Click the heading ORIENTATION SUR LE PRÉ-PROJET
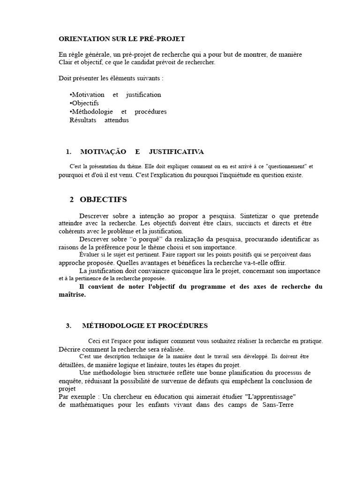[119, 38]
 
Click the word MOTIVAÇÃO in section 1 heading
[103, 152]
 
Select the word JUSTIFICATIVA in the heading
[176, 152]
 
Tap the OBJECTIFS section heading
[103, 200]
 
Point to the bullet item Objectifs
[84, 103]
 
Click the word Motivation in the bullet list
[88, 95]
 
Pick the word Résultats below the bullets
[83, 120]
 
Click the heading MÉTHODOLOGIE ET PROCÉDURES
[144, 325]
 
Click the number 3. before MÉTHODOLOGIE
[68, 325]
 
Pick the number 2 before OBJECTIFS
[72, 200]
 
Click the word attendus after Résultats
[117, 120]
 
